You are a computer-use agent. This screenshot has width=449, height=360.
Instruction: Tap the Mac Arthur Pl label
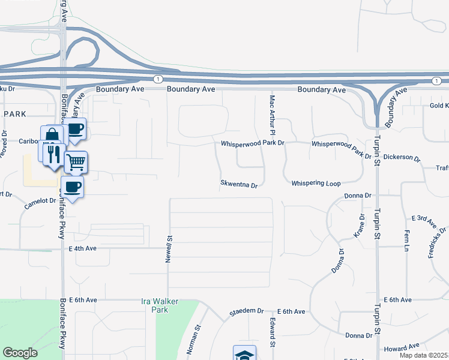click(272, 115)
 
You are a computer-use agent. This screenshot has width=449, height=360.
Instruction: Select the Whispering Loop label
click(316, 183)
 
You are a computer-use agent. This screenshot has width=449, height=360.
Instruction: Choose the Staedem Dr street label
click(247, 312)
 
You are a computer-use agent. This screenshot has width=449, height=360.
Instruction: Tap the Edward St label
click(272, 333)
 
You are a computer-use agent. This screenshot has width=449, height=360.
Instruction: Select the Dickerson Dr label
click(402, 157)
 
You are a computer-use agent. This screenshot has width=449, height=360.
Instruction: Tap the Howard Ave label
click(402, 347)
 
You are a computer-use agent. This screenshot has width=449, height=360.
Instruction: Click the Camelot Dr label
click(40, 203)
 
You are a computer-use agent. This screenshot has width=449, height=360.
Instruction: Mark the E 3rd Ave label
click(424, 221)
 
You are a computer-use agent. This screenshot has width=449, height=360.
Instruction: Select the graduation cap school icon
click(244, 355)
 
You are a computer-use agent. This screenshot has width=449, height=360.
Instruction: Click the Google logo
click(20, 353)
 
